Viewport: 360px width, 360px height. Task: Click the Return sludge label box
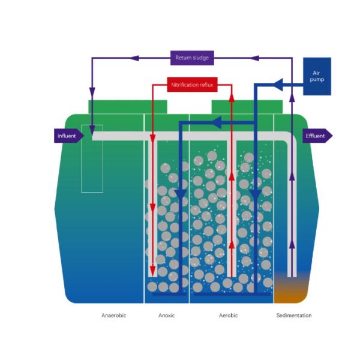192,58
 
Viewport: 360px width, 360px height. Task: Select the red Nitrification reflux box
192,85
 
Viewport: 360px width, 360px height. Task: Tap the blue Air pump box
317,76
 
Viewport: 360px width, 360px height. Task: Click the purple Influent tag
68,136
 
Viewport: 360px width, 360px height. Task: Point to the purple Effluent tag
316,136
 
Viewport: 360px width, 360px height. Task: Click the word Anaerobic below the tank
113,316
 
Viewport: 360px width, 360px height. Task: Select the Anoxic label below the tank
166,316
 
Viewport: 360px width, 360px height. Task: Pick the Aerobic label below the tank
228,316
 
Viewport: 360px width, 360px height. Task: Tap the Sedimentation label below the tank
293,316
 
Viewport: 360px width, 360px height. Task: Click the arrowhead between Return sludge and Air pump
254,58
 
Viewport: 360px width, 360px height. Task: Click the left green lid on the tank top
128,107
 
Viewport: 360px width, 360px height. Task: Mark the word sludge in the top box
200,58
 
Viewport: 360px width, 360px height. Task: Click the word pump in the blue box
317,79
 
